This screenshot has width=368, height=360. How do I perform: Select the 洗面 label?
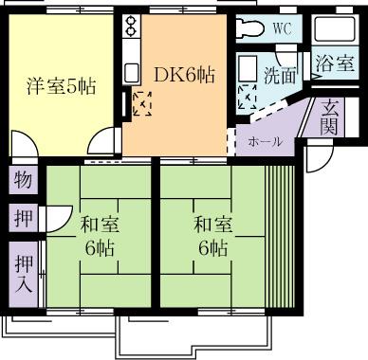pyautogui.click(x=280, y=72)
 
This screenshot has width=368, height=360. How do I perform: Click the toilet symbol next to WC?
pyautogui.click(x=250, y=27)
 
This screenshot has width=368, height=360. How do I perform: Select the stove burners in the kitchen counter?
pyautogui.click(x=130, y=35)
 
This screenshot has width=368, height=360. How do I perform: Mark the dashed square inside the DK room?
pyautogui.click(x=143, y=102)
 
